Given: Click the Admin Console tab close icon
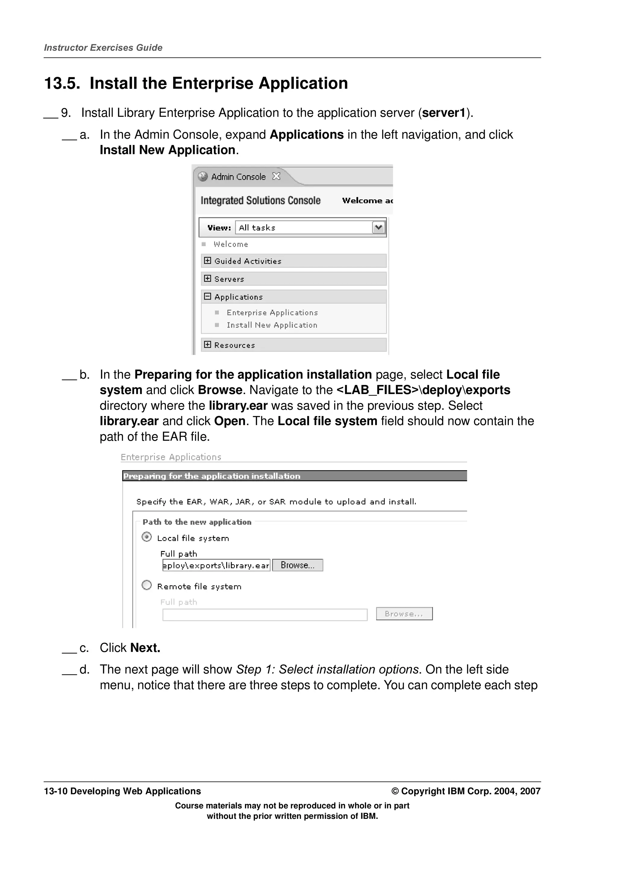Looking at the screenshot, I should [x=276, y=177].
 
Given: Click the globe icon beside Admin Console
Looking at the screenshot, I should [x=203, y=177].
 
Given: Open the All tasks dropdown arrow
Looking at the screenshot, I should [x=378, y=227].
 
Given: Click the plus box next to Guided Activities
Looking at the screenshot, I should [x=207, y=261].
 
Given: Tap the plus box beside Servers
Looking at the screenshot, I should [x=207, y=278].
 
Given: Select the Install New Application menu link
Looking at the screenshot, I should [x=272, y=325].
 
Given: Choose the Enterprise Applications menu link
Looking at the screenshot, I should [x=272, y=313].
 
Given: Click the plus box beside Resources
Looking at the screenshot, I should [x=207, y=345].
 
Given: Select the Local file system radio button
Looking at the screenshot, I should [x=147, y=537].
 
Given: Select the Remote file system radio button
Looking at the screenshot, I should [x=147, y=585].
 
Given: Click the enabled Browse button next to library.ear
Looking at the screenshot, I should [x=298, y=565].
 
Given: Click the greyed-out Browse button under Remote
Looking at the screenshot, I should [x=404, y=614].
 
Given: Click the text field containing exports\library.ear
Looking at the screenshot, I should [x=216, y=565].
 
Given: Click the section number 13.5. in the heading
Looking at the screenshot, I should [x=62, y=83].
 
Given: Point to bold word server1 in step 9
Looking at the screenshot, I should [x=444, y=113].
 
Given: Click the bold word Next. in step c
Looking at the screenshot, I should [x=145, y=648].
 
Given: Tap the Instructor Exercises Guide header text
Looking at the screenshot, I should [x=103, y=48].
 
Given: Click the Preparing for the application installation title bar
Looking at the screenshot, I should [x=294, y=476].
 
